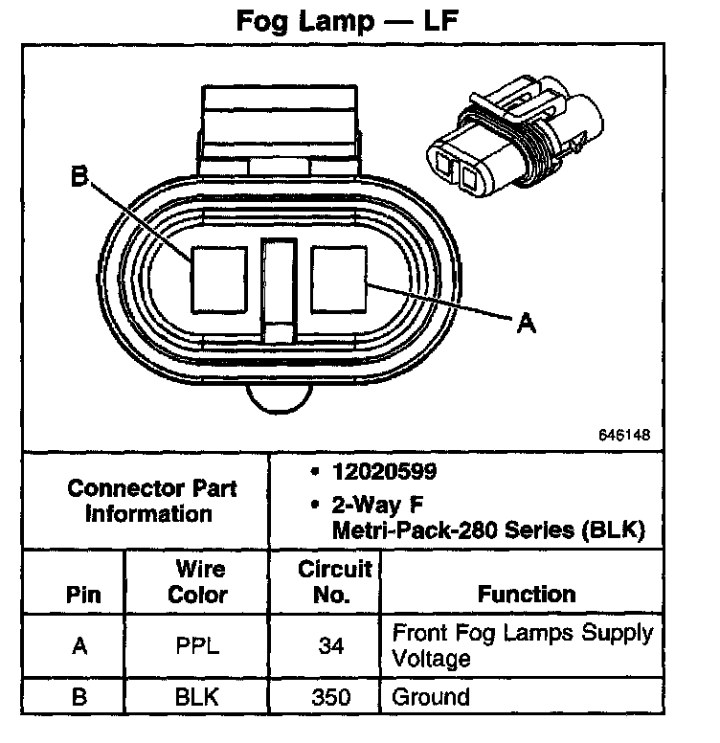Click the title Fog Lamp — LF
[x=359, y=22]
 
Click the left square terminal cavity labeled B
[x=219, y=277]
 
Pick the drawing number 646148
[x=625, y=434]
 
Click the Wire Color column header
[x=198, y=581]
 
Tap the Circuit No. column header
[x=333, y=581]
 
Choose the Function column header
[x=527, y=594]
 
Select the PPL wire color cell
[x=198, y=645]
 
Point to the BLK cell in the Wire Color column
[x=198, y=696]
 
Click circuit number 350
[x=331, y=696]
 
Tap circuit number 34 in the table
[x=331, y=645]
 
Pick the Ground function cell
[x=430, y=696]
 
